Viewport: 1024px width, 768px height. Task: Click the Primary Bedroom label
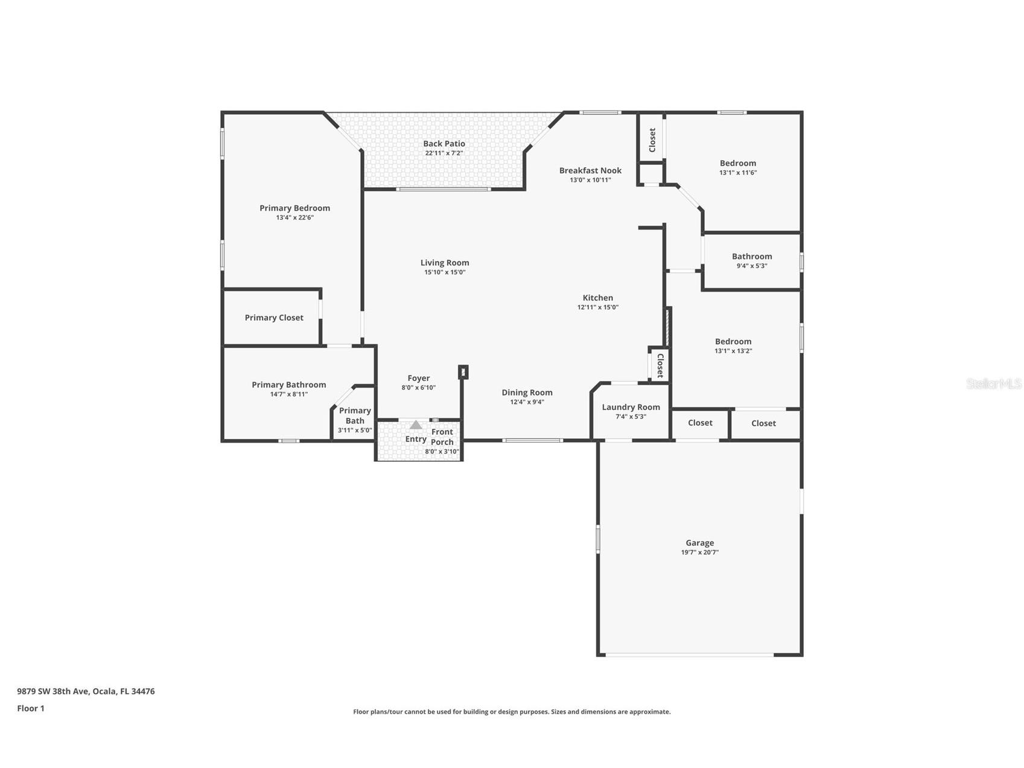(x=294, y=208)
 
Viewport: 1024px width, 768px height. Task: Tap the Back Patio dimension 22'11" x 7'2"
(x=444, y=153)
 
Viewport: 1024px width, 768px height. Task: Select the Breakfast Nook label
(x=590, y=170)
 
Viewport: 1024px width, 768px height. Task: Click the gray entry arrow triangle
(x=416, y=425)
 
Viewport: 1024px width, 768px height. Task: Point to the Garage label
(x=699, y=543)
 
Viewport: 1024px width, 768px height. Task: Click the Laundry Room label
(x=631, y=407)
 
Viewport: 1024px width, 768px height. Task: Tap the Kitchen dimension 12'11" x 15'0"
(x=597, y=307)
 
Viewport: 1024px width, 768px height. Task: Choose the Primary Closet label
(x=274, y=318)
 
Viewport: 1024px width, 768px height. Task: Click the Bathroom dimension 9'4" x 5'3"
(x=751, y=266)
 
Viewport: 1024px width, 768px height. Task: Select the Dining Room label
(x=527, y=392)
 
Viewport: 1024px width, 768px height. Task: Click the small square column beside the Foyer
(x=463, y=372)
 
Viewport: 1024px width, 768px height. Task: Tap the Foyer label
(x=418, y=379)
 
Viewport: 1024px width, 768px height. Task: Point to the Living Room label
(x=445, y=263)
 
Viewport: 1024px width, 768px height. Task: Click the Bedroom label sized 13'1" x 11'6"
(x=737, y=163)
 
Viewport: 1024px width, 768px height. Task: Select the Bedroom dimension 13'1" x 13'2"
(x=733, y=351)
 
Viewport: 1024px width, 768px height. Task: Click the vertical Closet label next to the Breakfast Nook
(x=652, y=140)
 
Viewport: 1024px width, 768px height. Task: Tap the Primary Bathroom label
(x=288, y=385)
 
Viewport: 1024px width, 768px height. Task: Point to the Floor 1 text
(x=31, y=708)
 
